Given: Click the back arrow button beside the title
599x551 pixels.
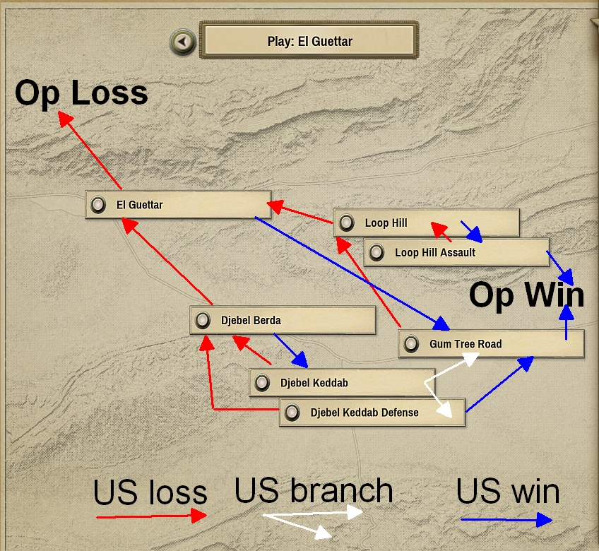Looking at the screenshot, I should [182, 42].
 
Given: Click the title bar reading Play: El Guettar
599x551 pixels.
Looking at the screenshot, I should [309, 42].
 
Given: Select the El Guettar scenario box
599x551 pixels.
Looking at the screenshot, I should [178, 205].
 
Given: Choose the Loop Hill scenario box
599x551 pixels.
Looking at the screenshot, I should [426, 223].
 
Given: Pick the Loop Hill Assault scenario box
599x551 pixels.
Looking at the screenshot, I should [456, 252].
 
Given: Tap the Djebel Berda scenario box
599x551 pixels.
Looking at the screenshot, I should [283, 320].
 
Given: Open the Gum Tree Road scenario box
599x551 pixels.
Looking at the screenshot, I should [491, 344].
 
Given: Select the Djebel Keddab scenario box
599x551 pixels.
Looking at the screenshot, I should [342, 383].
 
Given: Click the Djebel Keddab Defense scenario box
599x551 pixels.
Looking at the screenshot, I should [372, 413].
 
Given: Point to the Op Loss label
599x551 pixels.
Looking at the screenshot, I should [81, 93].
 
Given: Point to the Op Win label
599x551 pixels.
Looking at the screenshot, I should [527, 295].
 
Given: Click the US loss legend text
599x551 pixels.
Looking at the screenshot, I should [150, 492].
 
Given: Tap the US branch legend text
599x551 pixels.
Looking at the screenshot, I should [313, 490].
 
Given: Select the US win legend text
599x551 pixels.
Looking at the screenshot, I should [507, 491].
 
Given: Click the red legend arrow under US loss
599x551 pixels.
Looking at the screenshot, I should [150, 517].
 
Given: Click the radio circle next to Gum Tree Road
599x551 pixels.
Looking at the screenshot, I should [412, 344].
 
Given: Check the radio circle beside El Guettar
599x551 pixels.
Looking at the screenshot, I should [98, 205].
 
